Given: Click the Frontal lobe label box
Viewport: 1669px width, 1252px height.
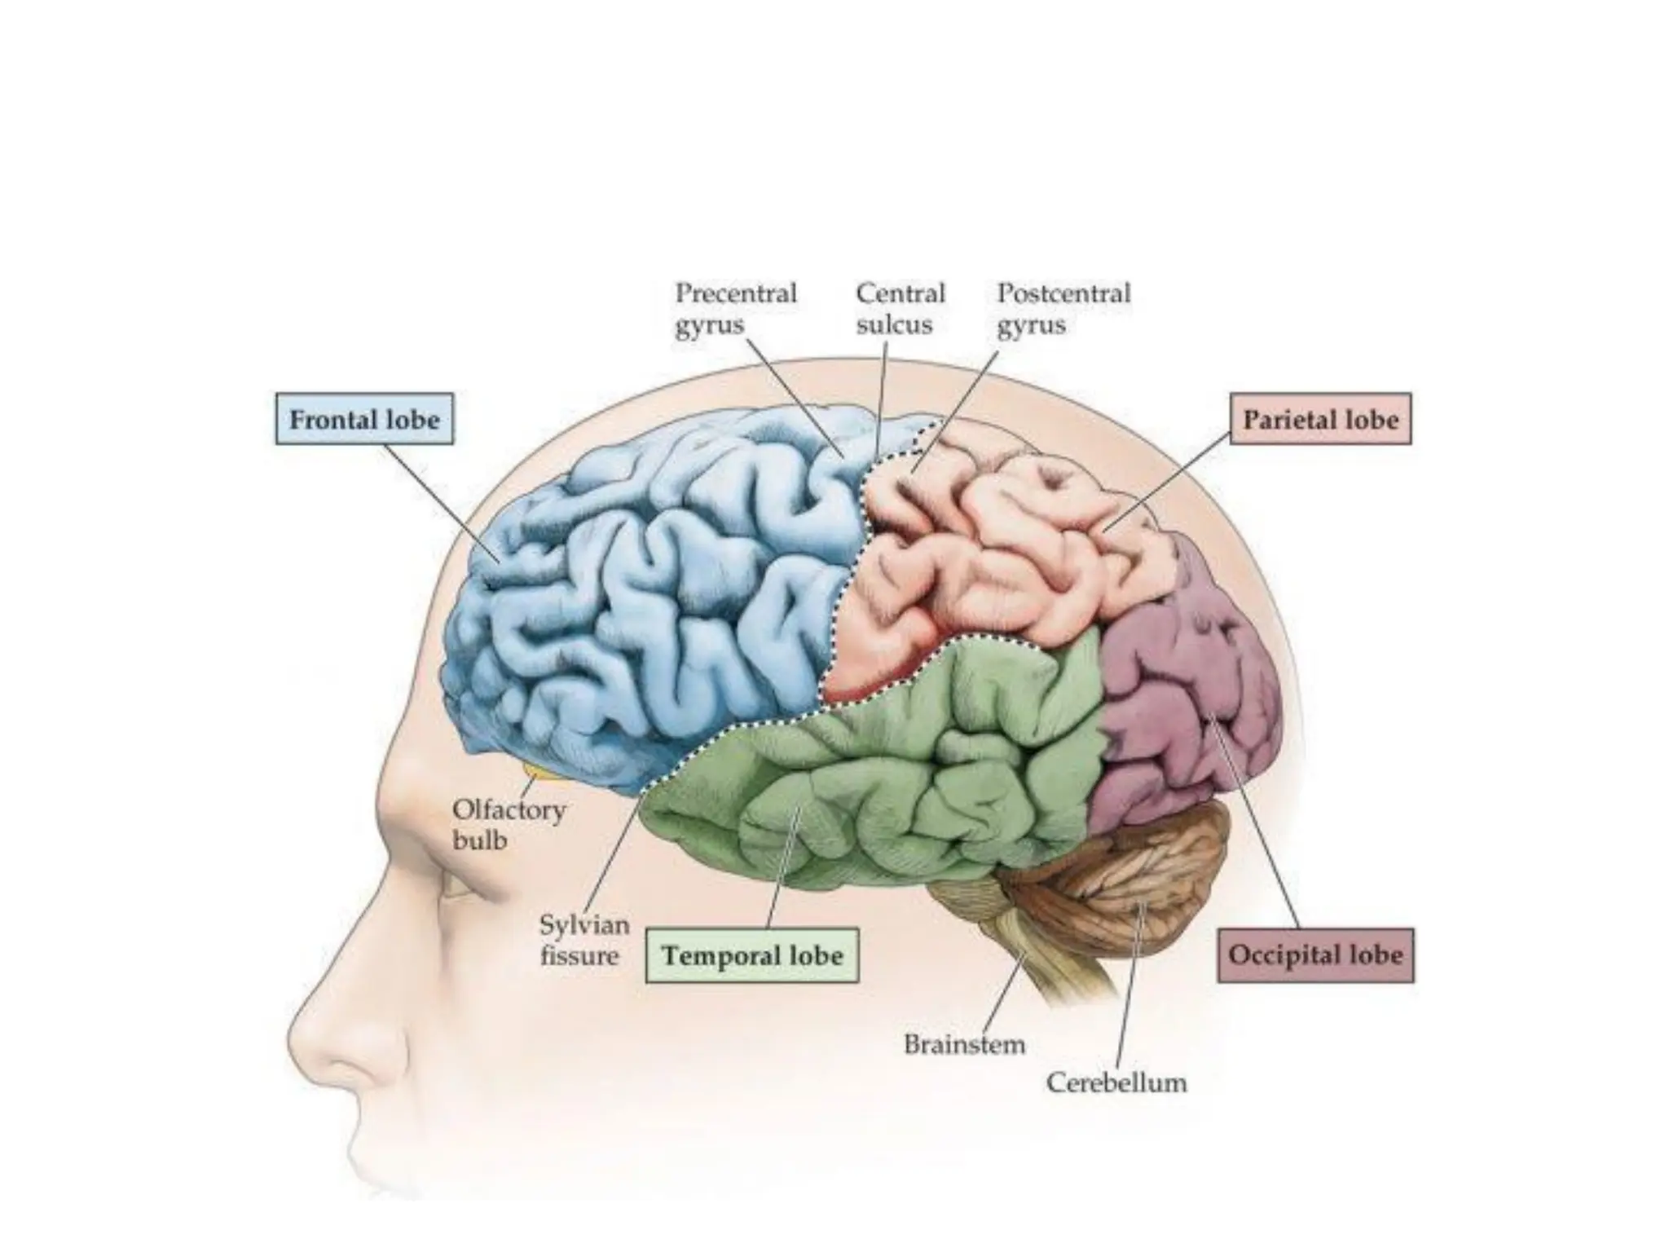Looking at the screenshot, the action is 364,419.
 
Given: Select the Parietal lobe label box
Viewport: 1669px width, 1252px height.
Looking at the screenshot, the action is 1319,419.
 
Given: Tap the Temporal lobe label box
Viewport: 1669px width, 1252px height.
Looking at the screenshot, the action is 751,955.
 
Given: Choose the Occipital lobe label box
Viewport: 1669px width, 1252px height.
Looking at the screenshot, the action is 1315,954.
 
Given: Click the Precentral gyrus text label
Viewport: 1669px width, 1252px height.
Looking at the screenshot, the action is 735,308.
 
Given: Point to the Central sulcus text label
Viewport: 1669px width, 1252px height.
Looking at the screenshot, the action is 900,308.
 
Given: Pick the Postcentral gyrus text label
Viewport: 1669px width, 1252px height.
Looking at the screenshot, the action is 1063,308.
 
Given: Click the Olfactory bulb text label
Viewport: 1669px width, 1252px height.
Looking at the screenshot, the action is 509,824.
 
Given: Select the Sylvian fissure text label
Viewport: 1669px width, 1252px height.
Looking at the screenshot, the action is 583,940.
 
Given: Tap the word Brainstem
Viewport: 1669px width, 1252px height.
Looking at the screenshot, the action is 964,1044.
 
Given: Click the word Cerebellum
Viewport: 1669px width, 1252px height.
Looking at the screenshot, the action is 1116,1082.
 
